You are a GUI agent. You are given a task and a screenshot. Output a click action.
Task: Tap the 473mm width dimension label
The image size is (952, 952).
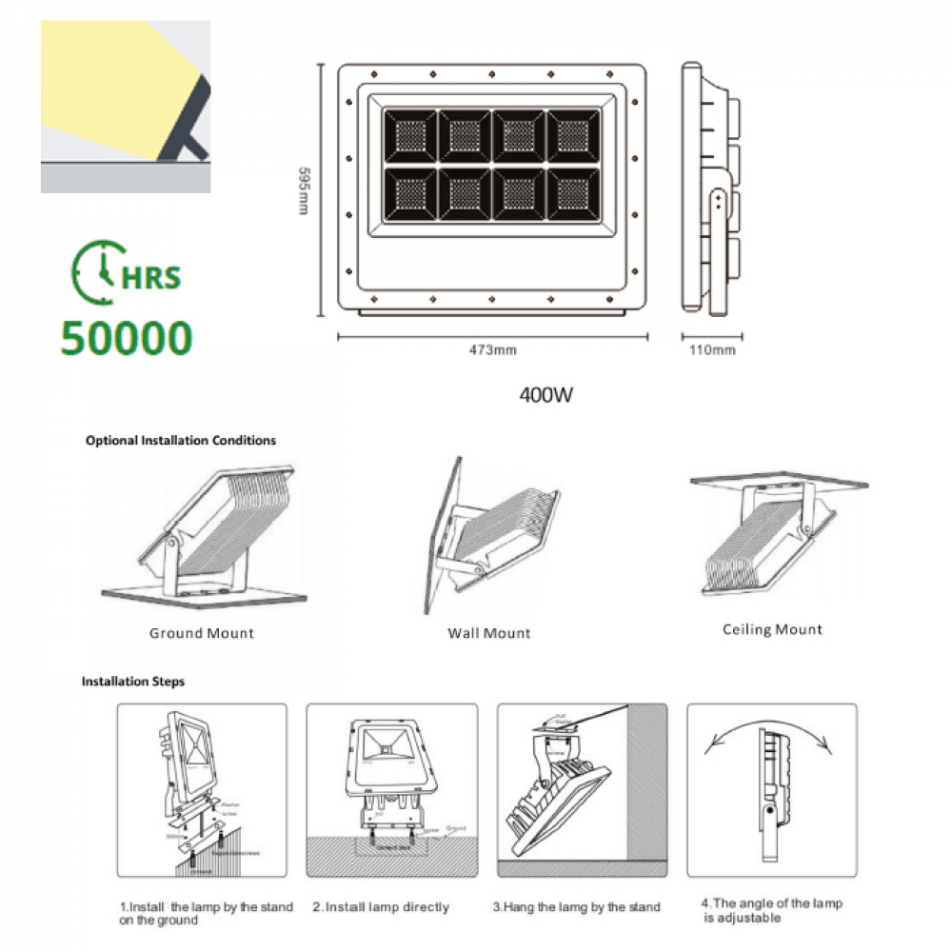pyautogui.click(x=493, y=351)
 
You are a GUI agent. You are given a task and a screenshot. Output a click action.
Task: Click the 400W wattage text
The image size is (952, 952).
pyautogui.click(x=545, y=394)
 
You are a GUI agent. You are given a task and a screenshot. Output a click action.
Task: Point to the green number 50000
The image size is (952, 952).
pyautogui.click(x=127, y=338)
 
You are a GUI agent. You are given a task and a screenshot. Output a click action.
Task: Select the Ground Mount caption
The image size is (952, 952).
pyautogui.click(x=202, y=633)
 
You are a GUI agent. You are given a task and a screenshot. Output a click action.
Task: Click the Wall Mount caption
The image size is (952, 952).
pyautogui.click(x=489, y=633)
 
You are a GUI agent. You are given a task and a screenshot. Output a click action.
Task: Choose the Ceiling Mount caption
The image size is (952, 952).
pyautogui.click(x=772, y=629)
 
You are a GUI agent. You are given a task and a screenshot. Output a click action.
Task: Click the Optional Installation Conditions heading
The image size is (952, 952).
pyautogui.click(x=181, y=441)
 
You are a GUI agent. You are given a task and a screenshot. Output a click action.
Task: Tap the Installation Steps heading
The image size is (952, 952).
pyautogui.click(x=133, y=682)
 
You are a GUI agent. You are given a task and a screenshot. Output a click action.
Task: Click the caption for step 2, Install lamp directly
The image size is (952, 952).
pyautogui.click(x=381, y=907)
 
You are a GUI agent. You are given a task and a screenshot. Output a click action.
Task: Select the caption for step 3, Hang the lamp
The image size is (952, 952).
pyautogui.click(x=576, y=907)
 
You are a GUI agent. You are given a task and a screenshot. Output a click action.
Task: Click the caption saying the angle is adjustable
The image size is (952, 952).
pyautogui.click(x=771, y=911)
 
